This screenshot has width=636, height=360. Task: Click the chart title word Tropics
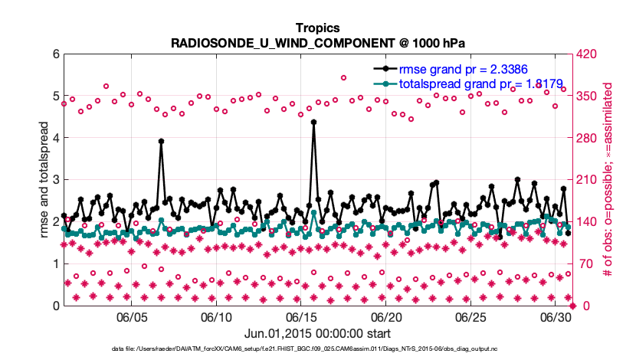click(317, 28)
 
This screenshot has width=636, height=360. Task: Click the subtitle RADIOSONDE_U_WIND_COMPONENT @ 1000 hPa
click(317, 43)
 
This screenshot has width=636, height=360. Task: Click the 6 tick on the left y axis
click(55, 54)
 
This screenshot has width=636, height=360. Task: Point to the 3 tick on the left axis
click(55, 180)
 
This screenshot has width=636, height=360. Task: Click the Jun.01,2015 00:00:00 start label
click(317, 333)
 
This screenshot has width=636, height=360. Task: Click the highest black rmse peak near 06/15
click(314, 122)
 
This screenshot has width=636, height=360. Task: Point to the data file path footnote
click(317, 349)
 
